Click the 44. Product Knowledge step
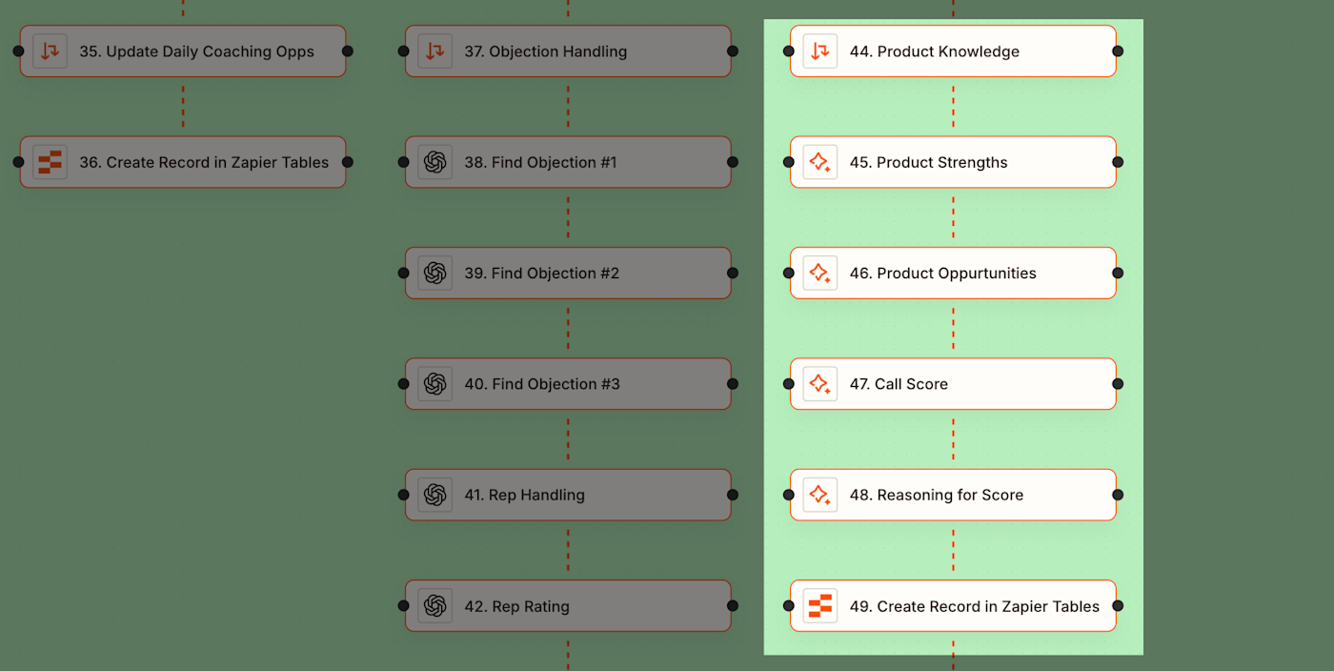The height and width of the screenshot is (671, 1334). click(x=953, y=51)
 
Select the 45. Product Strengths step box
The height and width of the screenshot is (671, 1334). click(x=953, y=162)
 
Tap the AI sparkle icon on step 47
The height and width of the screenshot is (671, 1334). click(x=819, y=384)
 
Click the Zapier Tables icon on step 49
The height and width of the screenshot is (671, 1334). click(x=819, y=606)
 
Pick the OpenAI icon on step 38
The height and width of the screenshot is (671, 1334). click(x=435, y=162)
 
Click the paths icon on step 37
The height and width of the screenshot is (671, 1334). click(x=435, y=51)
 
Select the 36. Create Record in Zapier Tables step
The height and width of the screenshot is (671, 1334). click(x=183, y=162)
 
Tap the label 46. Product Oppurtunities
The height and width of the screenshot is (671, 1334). click(x=942, y=274)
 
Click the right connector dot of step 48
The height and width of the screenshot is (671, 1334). click(x=1118, y=495)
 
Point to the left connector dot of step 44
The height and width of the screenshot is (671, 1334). click(x=789, y=51)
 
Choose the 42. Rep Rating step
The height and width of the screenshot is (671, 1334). click(x=568, y=606)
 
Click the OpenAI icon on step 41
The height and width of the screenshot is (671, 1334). click(x=435, y=495)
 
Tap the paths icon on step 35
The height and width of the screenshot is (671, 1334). click(x=50, y=51)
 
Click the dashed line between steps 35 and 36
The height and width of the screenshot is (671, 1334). click(x=183, y=107)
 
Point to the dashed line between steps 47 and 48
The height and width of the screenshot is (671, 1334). click(x=953, y=439)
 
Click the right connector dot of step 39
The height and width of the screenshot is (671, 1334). click(x=733, y=274)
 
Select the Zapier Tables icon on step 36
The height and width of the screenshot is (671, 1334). click(x=50, y=162)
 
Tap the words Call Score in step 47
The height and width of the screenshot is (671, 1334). click(x=911, y=384)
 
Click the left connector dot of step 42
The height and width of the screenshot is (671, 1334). click(x=404, y=606)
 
